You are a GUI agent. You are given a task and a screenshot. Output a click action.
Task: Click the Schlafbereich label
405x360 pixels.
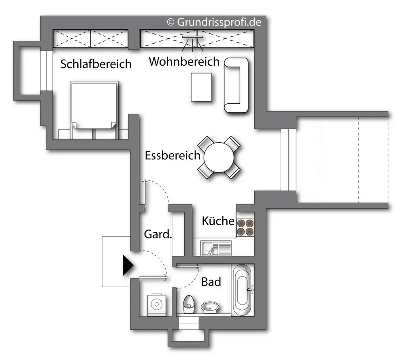coord(96,64)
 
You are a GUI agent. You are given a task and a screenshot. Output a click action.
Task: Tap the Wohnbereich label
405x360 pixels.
coord(184,62)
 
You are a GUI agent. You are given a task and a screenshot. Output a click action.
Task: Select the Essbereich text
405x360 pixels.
coord(173,155)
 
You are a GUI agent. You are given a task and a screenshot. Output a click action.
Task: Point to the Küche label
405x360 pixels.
coord(218,221)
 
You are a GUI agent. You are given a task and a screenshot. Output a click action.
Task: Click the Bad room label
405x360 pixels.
coord(211,281)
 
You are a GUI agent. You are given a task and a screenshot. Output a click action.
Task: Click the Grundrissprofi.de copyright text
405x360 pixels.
coord(214,22)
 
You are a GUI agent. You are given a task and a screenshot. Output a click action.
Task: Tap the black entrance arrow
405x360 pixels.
coord(128,266)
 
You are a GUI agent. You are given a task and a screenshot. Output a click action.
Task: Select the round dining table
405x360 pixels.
coord(219,158)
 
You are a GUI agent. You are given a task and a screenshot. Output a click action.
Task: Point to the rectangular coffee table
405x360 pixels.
coord(201,87)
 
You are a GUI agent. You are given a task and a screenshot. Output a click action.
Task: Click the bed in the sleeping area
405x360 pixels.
coord(94,105)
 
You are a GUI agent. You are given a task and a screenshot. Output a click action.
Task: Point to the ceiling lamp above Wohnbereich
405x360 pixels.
coord(192,38)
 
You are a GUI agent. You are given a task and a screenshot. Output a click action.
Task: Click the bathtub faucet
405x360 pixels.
coord(251,289)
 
